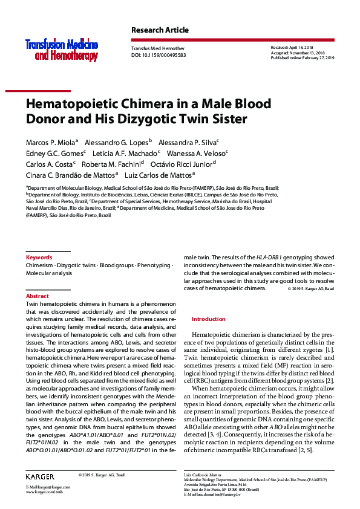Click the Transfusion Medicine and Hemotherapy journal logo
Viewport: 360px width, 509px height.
point(61,50)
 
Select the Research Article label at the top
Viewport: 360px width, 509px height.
point(160,30)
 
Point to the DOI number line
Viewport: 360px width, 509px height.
point(159,55)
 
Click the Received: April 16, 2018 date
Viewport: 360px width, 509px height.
point(293,47)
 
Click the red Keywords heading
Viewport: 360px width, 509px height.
point(39,258)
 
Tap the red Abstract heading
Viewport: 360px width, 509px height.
point(38,296)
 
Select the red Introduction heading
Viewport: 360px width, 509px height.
point(208,319)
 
